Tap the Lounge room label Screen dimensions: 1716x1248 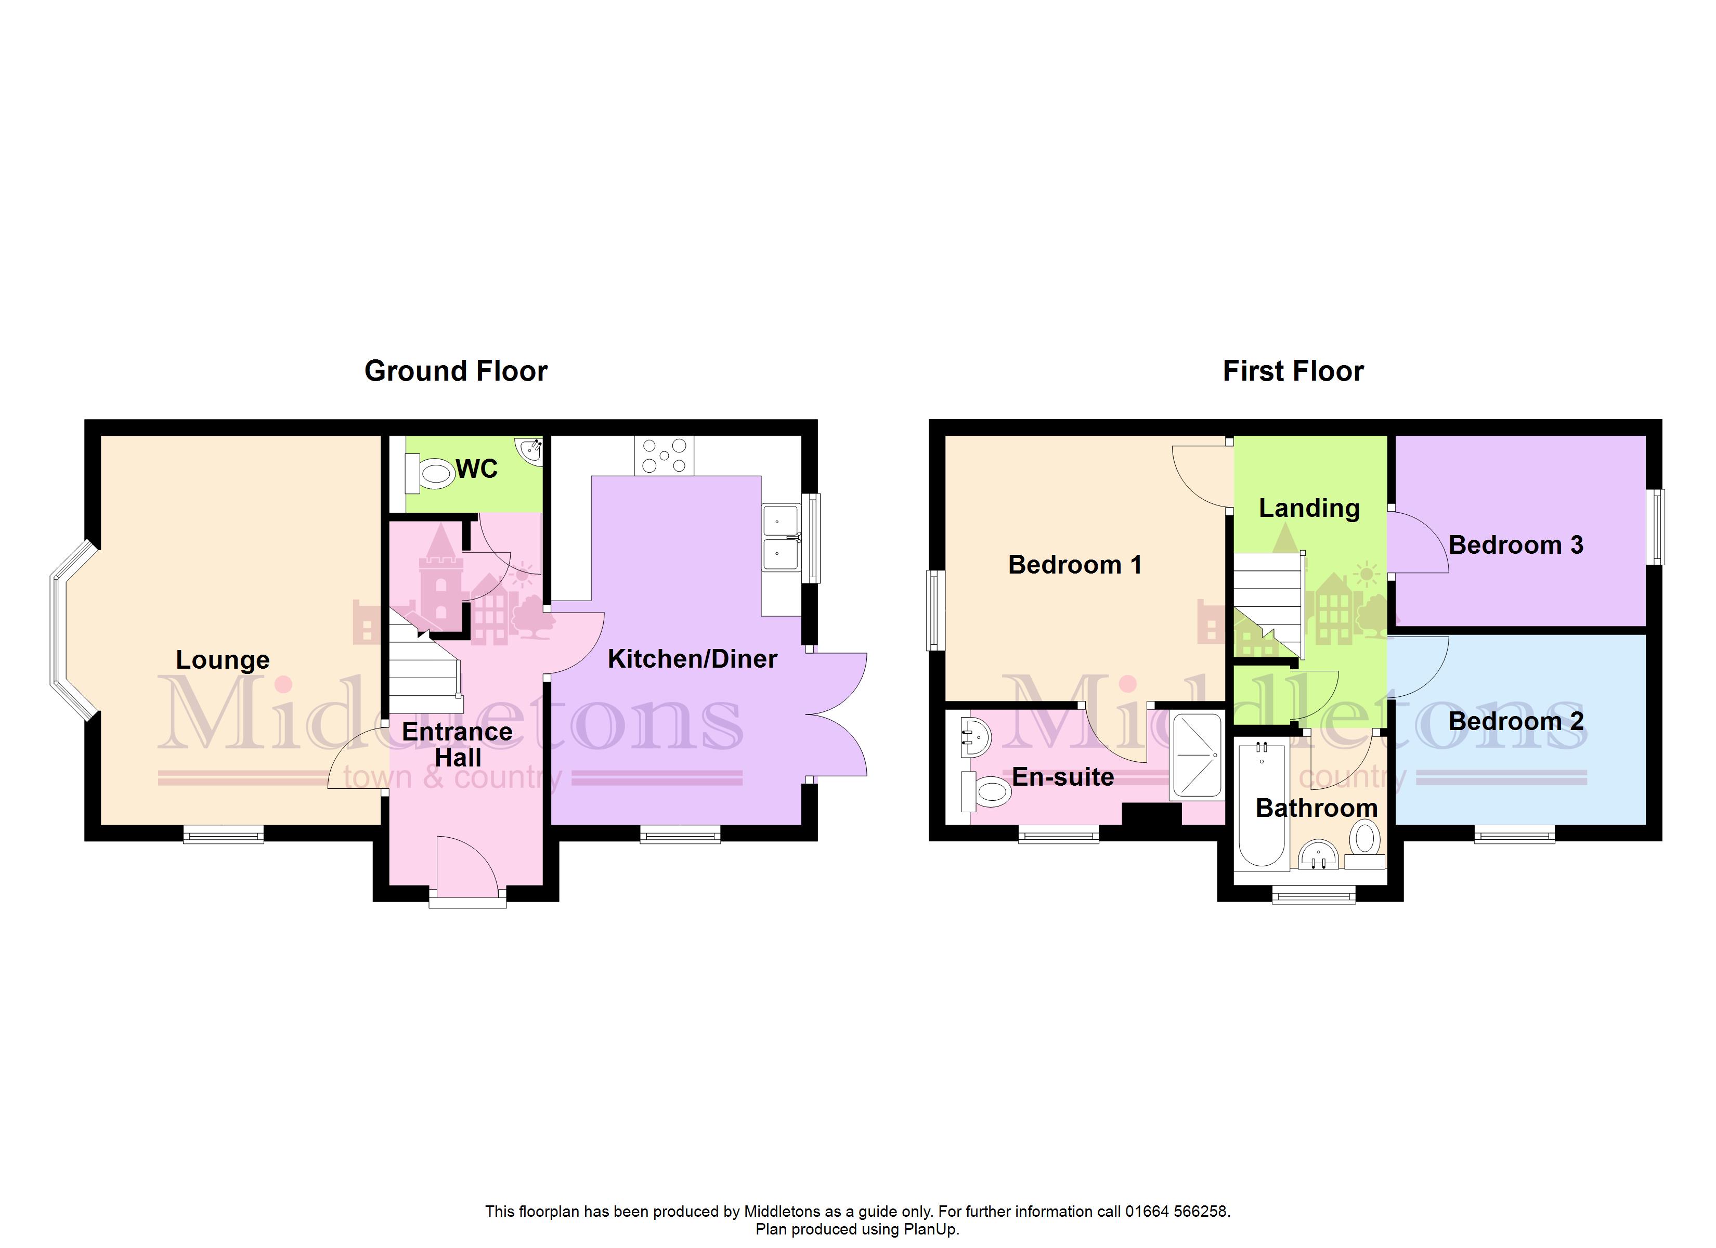click(x=223, y=660)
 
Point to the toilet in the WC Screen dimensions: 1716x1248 click(x=429, y=474)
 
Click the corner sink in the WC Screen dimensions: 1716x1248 click(x=530, y=450)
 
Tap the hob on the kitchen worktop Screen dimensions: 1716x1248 click(x=665, y=456)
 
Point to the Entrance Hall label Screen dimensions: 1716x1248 click(x=457, y=745)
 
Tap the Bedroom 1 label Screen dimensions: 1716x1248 click(x=1074, y=565)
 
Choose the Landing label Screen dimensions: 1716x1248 click(x=1309, y=509)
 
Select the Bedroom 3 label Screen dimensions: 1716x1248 click(x=1515, y=545)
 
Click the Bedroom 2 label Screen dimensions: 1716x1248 click(x=1515, y=721)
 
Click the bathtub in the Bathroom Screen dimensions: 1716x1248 click(x=1262, y=804)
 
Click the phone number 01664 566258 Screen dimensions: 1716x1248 click(x=1176, y=1212)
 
